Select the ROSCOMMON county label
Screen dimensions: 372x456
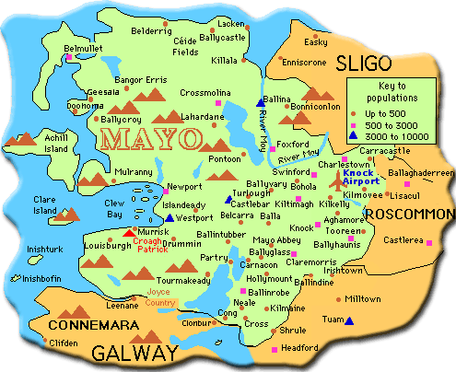tap(408, 214)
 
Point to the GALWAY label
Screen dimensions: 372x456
tap(134, 354)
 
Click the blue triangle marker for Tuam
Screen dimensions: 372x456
tap(348, 320)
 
